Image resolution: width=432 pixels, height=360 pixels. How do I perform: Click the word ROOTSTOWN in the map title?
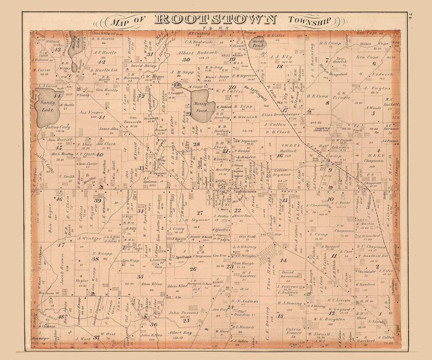[215, 19]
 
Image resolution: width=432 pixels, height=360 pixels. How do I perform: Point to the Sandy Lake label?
[48, 103]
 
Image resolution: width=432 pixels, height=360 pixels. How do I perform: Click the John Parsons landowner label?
[184, 313]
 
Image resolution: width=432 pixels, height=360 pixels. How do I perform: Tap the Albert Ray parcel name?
[180, 333]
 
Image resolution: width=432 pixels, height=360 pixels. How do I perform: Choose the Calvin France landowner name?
[293, 332]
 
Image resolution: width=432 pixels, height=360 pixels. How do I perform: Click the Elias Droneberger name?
[281, 114]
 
